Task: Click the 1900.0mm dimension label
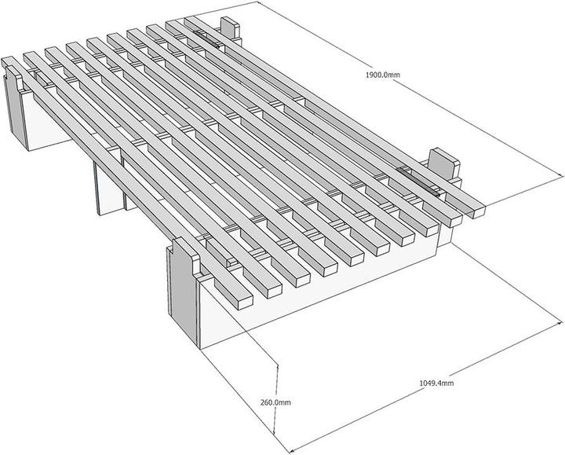click(383, 75)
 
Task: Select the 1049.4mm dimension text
click(436, 383)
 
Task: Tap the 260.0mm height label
click(275, 402)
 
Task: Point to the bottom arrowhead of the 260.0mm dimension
click(274, 431)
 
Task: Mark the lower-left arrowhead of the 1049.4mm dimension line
click(293, 449)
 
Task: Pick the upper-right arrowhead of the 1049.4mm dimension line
click(559, 322)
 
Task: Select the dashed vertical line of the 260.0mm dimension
click(275, 399)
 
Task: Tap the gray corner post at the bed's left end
click(16, 105)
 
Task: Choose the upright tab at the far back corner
click(230, 28)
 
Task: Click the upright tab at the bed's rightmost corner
click(443, 164)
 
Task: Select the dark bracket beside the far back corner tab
click(206, 39)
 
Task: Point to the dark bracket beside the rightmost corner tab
click(418, 182)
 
